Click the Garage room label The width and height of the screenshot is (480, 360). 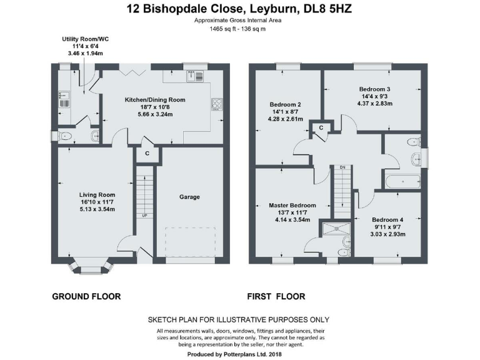(189, 197)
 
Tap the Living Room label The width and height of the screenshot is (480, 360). (97, 195)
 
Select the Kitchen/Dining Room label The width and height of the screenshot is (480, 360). (155, 100)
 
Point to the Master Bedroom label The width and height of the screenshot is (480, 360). (292, 206)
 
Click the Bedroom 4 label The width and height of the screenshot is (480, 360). (387, 220)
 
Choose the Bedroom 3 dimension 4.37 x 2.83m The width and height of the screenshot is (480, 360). (375, 104)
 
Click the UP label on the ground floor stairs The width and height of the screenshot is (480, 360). (145, 216)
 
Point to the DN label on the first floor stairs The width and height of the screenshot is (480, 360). (342, 167)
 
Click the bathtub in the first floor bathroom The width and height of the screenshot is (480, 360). (403, 181)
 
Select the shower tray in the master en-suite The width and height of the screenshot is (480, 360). (336, 229)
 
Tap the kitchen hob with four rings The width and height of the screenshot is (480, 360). (217, 104)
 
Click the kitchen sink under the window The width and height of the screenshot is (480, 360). (195, 76)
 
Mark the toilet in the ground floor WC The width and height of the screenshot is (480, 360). (64, 136)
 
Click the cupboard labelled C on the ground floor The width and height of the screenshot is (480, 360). (147, 153)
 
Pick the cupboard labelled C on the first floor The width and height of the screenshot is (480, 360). (321, 127)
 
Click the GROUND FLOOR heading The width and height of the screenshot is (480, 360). (86, 296)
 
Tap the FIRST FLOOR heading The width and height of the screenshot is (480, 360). (276, 296)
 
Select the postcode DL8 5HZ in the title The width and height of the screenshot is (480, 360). (327, 9)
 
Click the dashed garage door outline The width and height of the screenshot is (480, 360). (191, 242)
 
